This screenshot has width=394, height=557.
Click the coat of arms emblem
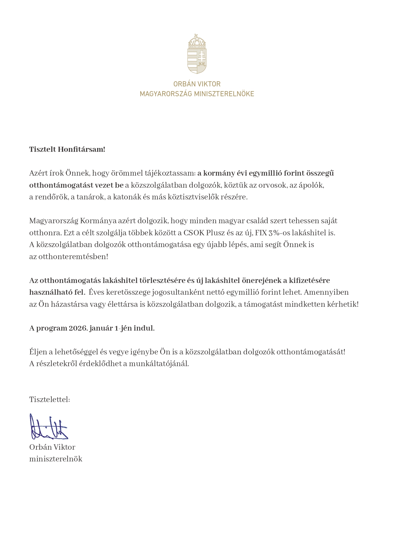coord(197,54)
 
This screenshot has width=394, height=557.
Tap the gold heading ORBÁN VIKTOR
coord(197,84)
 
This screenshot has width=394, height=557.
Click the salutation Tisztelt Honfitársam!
coord(67,149)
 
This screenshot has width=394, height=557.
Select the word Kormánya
coord(96,221)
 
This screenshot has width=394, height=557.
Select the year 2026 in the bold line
coord(78,328)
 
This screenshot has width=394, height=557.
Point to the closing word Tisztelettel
coord(49,399)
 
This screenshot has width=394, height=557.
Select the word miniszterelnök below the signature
coord(56,459)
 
